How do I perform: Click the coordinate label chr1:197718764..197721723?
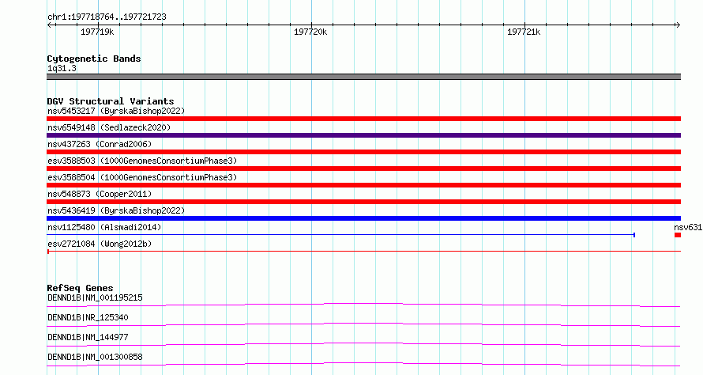tap(107, 17)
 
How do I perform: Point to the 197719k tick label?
tap(97, 32)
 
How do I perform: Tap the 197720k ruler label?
tap(310, 32)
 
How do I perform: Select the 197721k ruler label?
tap(524, 32)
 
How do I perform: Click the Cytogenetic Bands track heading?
tap(94, 59)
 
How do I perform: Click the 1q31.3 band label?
tap(62, 69)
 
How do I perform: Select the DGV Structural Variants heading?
tap(111, 101)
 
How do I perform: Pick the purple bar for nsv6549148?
tap(363, 135)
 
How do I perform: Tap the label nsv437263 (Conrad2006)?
tap(100, 144)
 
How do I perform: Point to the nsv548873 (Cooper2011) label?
tap(100, 194)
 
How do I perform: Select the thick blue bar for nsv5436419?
tap(363, 218)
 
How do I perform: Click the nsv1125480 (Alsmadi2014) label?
tap(104, 227)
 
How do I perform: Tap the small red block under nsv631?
tap(678, 235)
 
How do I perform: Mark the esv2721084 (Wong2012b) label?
tap(100, 244)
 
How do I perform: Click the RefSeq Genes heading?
tap(80, 288)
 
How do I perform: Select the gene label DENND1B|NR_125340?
tap(88, 317)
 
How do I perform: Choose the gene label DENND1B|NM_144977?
tap(88, 337)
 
